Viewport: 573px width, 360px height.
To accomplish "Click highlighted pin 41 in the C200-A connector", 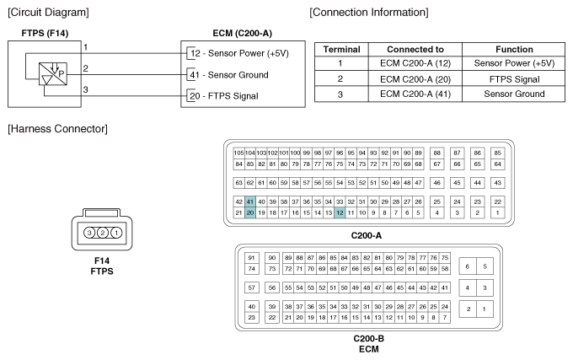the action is pos(250,201).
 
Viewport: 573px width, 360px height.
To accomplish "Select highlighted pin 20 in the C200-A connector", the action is pos(250,212).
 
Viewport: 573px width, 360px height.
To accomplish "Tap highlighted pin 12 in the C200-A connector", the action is pos(340,212).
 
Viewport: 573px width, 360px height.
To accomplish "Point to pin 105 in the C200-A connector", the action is pos(238,153).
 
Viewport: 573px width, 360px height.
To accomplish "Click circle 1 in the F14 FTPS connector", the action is pos(116,233).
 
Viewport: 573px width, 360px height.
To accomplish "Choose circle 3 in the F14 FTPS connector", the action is pos(89,233).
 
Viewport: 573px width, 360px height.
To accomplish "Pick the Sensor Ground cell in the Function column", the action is pos(514,94).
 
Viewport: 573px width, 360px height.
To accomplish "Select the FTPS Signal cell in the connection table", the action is pos(514,79).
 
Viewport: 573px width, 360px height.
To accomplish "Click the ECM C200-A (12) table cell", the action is pos(415,63).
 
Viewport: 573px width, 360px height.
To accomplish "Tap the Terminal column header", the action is pos(341,50).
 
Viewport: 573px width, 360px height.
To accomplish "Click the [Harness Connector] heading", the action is pos(58,129).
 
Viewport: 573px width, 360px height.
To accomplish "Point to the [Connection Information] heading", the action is pos(369,13).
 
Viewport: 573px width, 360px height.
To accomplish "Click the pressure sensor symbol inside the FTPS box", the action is pos(53,74).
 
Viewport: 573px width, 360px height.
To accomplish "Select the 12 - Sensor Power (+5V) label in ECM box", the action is pos(239,53).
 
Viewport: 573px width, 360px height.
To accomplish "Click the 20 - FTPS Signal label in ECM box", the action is pos(224,96).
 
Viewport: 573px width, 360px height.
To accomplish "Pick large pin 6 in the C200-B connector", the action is pos(468,266).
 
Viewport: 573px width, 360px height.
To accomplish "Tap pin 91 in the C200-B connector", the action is pos(251,258).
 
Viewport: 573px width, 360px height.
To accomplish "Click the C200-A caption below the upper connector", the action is pos(367,236).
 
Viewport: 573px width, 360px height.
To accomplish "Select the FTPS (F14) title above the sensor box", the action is pos(45,33).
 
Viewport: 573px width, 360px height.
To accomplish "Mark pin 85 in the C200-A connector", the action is pos(497,153).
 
